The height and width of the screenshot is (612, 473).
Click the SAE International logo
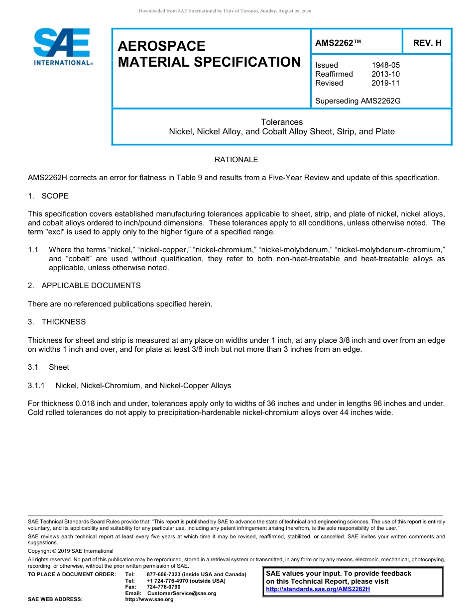click(62, 47)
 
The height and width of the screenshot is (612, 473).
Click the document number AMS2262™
click(338, 43)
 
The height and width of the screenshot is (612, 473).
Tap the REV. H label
click(427, 43)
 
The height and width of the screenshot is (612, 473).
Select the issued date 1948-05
click(385, 65)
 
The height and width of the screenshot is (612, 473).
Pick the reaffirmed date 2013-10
click(385, 74)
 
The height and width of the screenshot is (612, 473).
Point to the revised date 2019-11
click(385, 83)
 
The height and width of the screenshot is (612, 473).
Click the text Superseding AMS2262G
click(357, 101)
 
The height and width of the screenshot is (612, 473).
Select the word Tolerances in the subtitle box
click(282, 122)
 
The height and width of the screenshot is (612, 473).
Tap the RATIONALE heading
click(236, 160)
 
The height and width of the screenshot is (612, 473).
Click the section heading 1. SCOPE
click(48, 196)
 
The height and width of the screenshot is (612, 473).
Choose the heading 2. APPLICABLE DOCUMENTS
click(84, 286)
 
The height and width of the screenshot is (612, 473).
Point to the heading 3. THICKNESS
click(57, 322)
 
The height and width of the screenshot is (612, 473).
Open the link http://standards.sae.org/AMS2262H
click(318, 589)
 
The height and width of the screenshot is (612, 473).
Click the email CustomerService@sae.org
click(182, 593)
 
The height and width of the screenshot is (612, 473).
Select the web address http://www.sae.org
click(149, 600)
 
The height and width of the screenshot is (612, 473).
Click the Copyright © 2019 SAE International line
click(71, 551)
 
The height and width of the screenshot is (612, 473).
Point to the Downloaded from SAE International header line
click(225, 11)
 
